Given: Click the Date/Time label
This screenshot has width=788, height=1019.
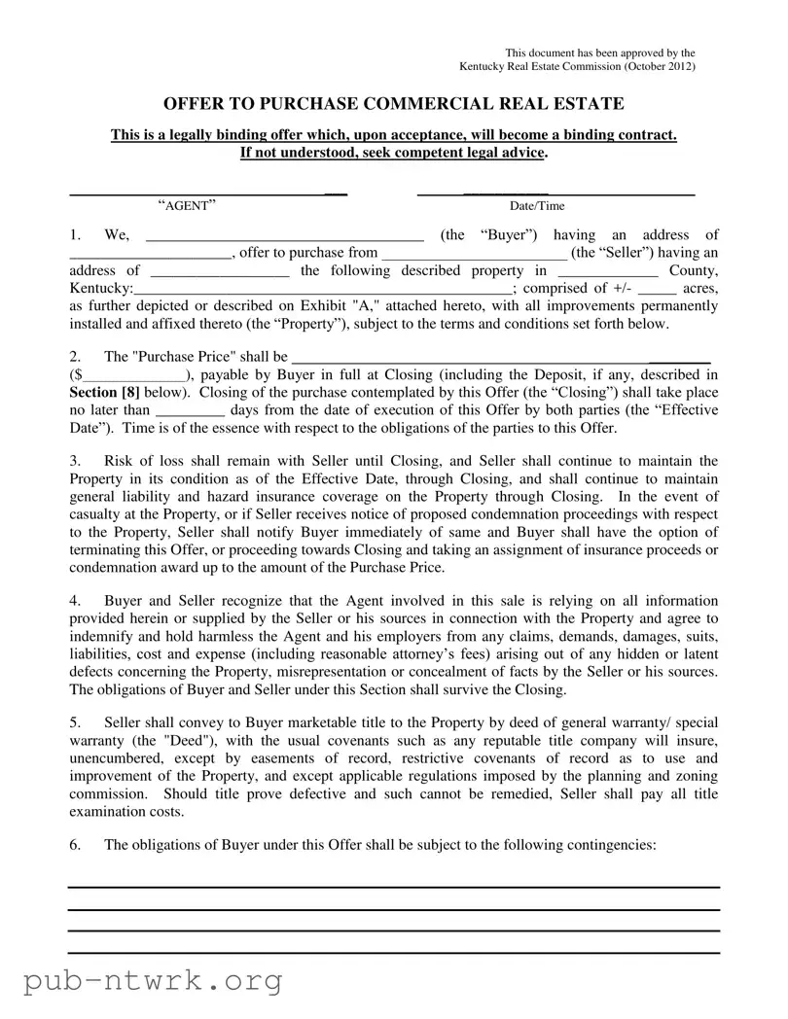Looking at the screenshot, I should [x=536, y=206].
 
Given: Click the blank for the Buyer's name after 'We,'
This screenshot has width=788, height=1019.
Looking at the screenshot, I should [x=284, y=236].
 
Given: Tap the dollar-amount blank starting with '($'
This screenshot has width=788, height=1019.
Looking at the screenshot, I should [x=134, y=374].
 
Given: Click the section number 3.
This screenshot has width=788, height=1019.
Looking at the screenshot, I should [x=75, y=461].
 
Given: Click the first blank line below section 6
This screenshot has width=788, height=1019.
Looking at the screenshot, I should [x=393, y=888].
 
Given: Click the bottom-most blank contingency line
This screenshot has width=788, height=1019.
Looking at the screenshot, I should [x=393, y=953].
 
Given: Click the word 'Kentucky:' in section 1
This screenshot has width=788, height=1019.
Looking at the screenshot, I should [x=102, y=290].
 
